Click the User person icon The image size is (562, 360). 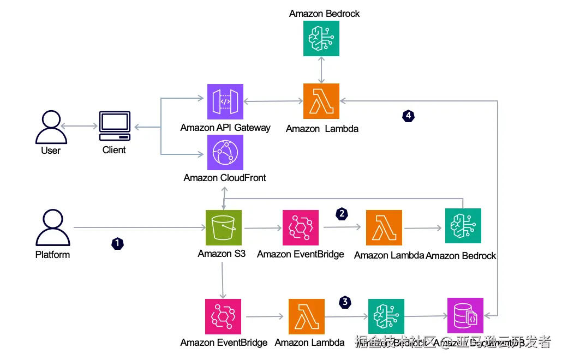[x=50, y=127]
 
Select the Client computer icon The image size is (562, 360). [x=115, y=127]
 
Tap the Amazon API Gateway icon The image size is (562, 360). [x=225, y=101]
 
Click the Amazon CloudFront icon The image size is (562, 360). [x=225, y=153]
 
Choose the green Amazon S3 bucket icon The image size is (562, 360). [x=223, y=227]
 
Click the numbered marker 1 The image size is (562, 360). [x=117, y=243]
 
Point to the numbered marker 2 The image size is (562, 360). [x=342, y=214]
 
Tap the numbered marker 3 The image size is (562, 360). [x=345, y=302]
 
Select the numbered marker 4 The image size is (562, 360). [x=408, y=116]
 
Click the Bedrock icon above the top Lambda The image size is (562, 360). [x=321, y=38]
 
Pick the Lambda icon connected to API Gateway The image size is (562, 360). [x=321, y=101]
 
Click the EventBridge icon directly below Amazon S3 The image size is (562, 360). [x=223, y=316]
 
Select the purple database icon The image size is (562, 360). [x=465, y=316]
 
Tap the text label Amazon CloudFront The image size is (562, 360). [x=225, y=178]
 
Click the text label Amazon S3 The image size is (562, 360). [x=222, y=254]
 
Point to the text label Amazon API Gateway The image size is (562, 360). [x=225, y=128]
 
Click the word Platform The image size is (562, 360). [x=52, y=254]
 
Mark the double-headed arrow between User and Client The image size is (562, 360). [x=80, y=127]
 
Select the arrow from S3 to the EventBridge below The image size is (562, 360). [x=223, y=280]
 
